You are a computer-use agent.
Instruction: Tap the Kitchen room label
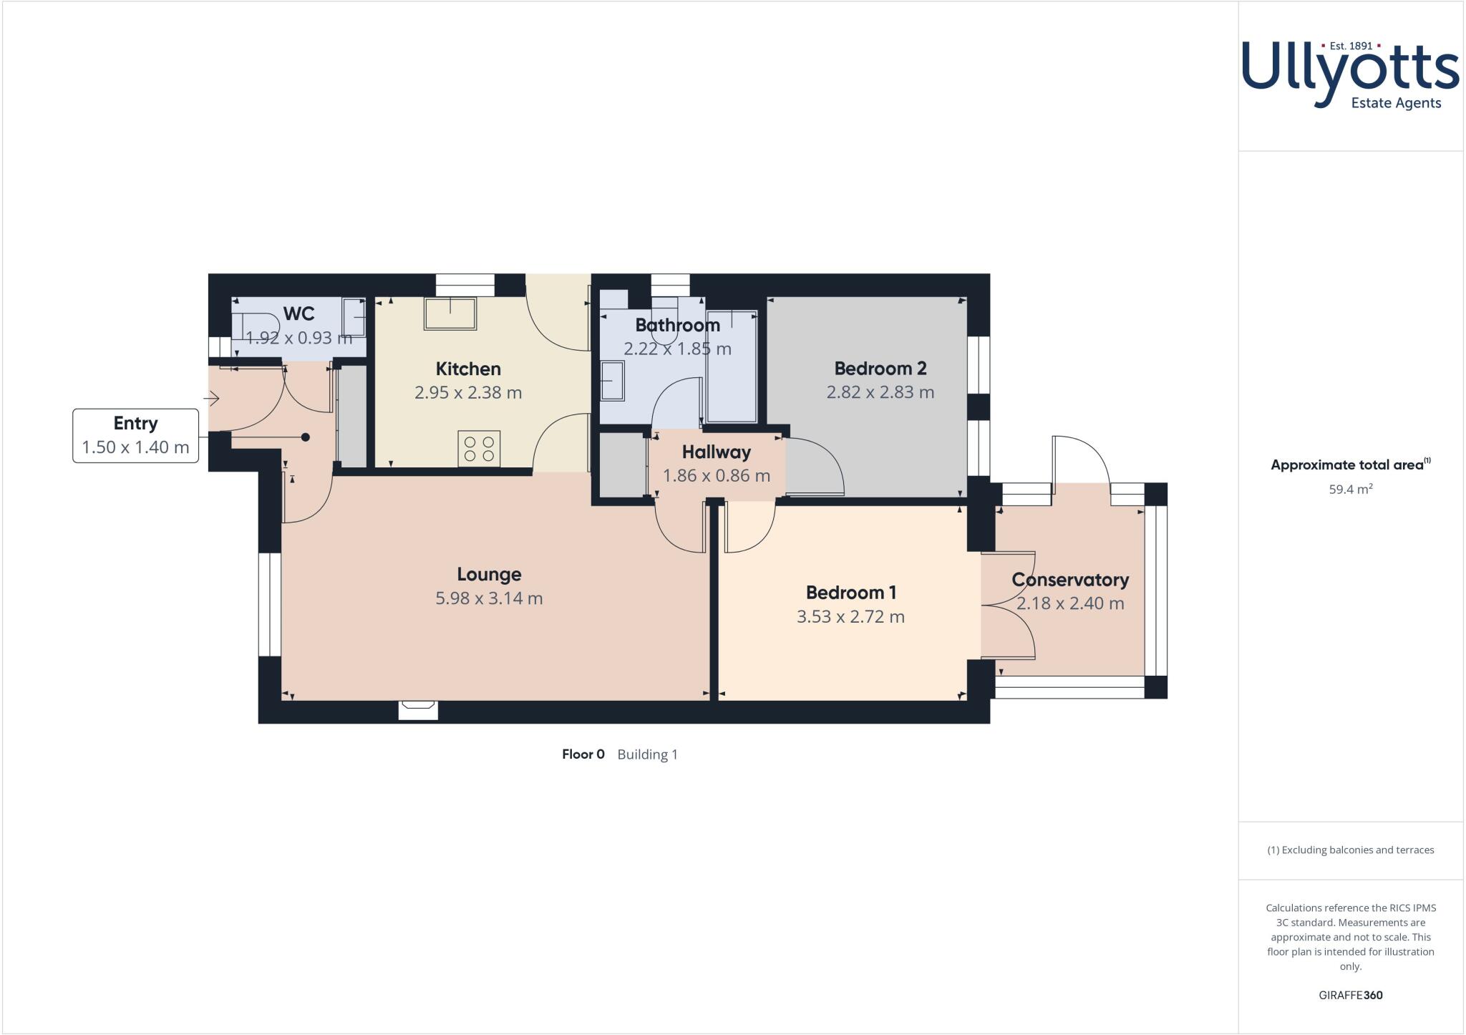pos(468,369)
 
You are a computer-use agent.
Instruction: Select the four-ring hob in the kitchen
pos(480,449)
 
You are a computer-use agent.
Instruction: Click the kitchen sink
pos(450,314)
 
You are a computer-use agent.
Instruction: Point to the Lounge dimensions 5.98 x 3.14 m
pos(489,598)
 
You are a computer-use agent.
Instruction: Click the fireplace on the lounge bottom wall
pos(418,709)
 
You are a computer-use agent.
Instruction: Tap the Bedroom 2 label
pos(880,369)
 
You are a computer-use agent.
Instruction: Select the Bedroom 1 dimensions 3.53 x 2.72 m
pos(850,617)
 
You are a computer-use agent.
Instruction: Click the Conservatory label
pos(1070,580)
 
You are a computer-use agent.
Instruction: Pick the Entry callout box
pos(135,435)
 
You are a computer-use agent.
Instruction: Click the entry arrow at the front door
pos(212,399)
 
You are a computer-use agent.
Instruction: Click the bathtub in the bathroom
pos(732,365)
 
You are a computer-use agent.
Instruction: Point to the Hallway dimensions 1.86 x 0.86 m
pos(716,476)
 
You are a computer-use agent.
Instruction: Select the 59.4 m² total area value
pos(1350,490)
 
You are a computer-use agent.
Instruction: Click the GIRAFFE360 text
pos(1350,995)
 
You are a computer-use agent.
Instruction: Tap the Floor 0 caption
pos(583,754)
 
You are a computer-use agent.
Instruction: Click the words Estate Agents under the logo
pos(1395,103)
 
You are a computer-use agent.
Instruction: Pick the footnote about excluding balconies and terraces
pos(1350,850)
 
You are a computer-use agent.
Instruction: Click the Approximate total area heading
pos(1346,465)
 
